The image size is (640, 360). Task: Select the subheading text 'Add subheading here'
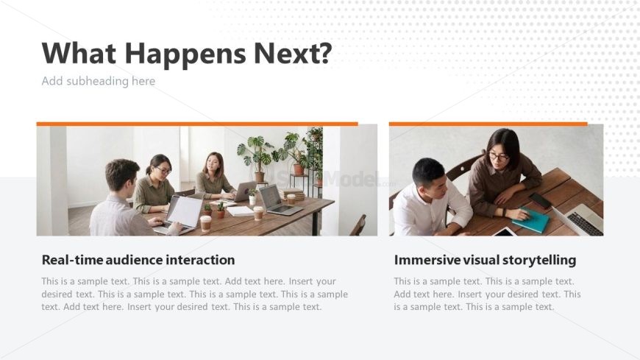[99, 81]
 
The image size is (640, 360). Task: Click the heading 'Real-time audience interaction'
[138, 260]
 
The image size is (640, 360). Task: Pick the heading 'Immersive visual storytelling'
[485, 260]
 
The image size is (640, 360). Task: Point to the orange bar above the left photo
[197, 124]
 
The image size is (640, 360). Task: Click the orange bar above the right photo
[488, 124]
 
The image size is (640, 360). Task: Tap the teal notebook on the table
[531, 221]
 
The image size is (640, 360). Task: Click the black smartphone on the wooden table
[541, 200]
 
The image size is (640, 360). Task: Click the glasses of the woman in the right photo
[498, 156]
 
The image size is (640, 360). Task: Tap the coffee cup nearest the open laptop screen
[206, 223]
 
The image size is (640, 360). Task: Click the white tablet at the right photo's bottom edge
[505, 232]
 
